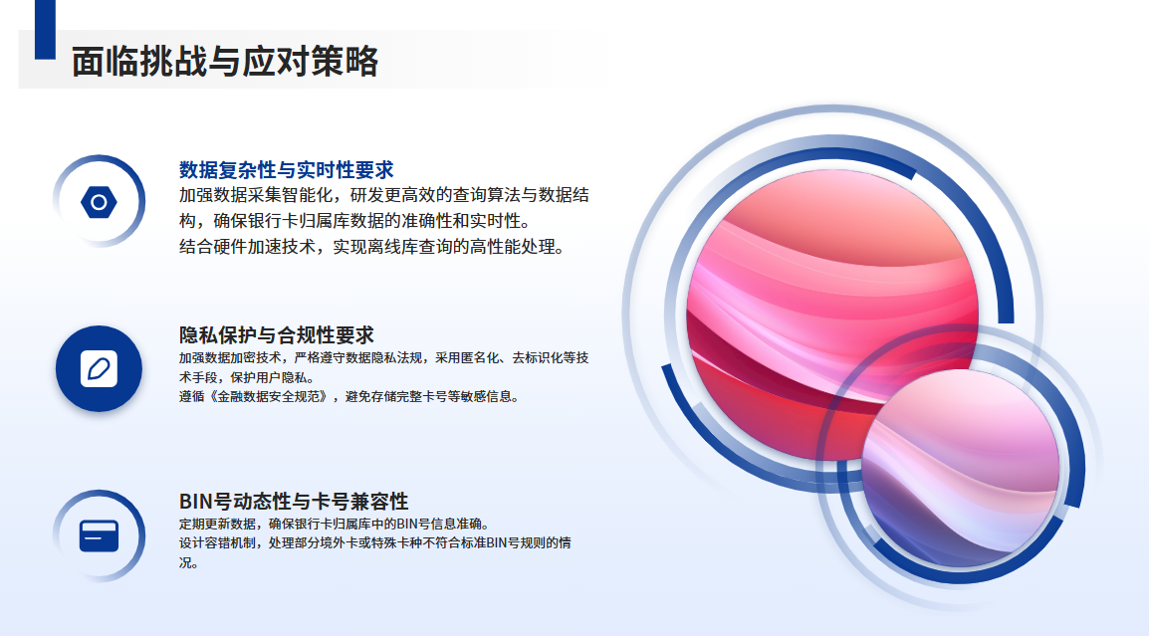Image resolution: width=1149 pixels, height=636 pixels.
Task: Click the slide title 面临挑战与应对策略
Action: coord(225,61)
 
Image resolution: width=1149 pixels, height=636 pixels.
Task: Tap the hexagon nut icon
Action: coord(99,201)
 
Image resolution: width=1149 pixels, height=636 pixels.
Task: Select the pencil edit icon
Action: coord(99,368)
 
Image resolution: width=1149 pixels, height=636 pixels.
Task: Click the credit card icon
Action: coord(99,535)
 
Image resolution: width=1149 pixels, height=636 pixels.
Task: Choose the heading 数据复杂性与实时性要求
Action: coord(287,170)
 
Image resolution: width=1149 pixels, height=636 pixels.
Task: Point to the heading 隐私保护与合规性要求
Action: coord(276,334)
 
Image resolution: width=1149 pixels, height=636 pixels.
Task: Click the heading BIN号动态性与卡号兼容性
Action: coord(294,502)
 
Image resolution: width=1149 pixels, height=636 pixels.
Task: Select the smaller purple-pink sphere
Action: coord(961,468)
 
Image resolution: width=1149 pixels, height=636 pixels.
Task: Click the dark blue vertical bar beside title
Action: coord(46,29)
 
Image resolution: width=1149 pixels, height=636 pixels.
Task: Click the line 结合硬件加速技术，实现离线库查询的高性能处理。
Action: coord(373,247)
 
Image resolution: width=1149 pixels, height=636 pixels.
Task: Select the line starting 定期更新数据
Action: coord(335,524)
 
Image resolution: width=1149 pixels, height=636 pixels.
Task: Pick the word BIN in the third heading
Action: coord(196,502)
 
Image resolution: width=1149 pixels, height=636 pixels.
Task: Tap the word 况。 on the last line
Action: coord(189,562)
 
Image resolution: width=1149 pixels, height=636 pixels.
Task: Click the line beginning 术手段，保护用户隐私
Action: coord(247,377)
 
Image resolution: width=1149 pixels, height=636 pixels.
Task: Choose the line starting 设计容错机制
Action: coord(375,543)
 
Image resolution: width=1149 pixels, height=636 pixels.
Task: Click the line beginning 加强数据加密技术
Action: coord(384,357)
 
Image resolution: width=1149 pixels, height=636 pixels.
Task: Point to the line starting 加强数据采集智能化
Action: coord(384,195)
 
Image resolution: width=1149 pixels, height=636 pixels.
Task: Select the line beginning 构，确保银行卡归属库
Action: coord(355,221)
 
